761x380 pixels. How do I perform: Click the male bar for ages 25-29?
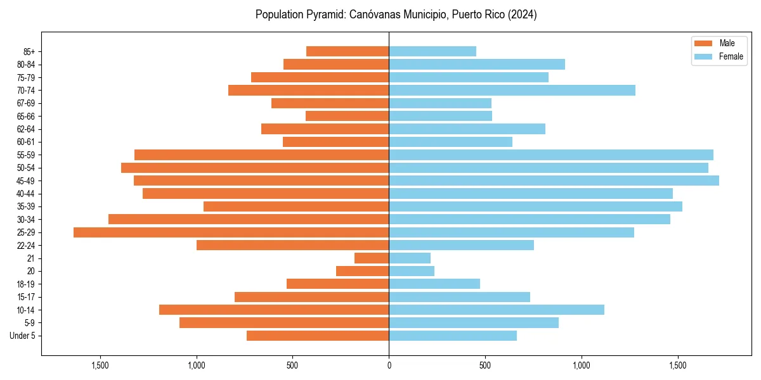pos(231,232)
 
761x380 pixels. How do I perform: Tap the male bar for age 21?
pos(372,258)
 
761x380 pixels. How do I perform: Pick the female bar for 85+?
pos(433,51)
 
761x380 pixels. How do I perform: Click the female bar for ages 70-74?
pos(512,90)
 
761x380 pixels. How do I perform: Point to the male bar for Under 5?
pos(318,336)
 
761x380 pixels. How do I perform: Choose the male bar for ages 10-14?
pos(274,310)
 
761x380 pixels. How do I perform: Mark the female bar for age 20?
pos(412,271)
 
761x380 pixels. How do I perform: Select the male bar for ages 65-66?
pos(347,116)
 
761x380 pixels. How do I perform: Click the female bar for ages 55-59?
pos(551,155)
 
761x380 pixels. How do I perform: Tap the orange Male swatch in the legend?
pos(703,43)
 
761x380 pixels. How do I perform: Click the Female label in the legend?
pos(731,56)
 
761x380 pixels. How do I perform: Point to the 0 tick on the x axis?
pos(389,365)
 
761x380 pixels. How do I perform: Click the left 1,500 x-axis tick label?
pos(100,365)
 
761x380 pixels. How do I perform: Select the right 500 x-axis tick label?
pos(485,365)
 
